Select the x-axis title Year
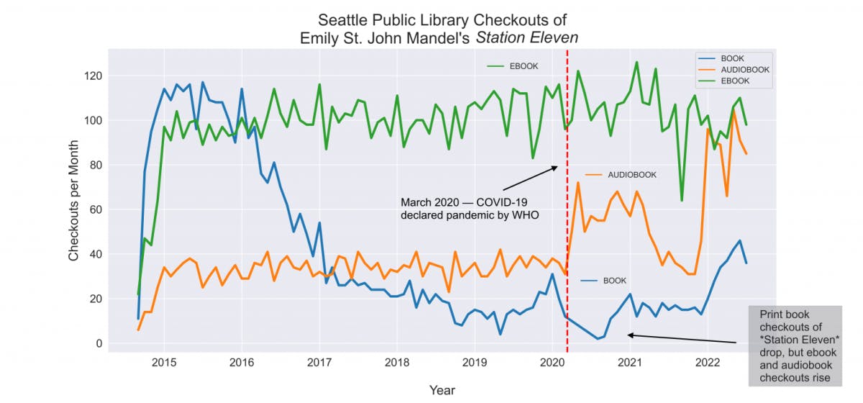(442, 390)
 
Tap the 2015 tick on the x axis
(164, 361)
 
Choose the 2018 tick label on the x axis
(396, 361)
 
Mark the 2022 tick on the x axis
(707, 361)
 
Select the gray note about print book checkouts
(795, 345)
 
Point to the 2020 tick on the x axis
(552, 361)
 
